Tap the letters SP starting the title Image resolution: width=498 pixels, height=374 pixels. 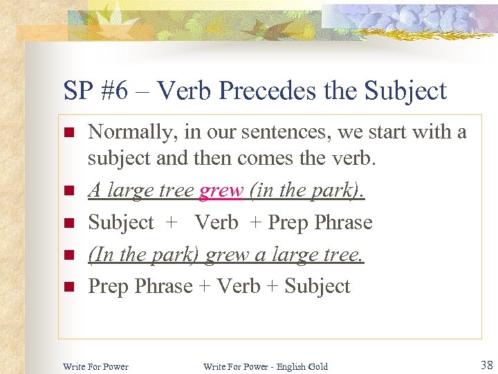coord(77,91)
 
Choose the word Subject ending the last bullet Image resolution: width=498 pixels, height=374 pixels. coord(317,286)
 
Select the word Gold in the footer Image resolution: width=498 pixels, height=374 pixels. coord(316,366)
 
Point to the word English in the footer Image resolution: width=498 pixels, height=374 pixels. coord(284,366)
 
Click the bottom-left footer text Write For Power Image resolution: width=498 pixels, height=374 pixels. coord(95,366)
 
